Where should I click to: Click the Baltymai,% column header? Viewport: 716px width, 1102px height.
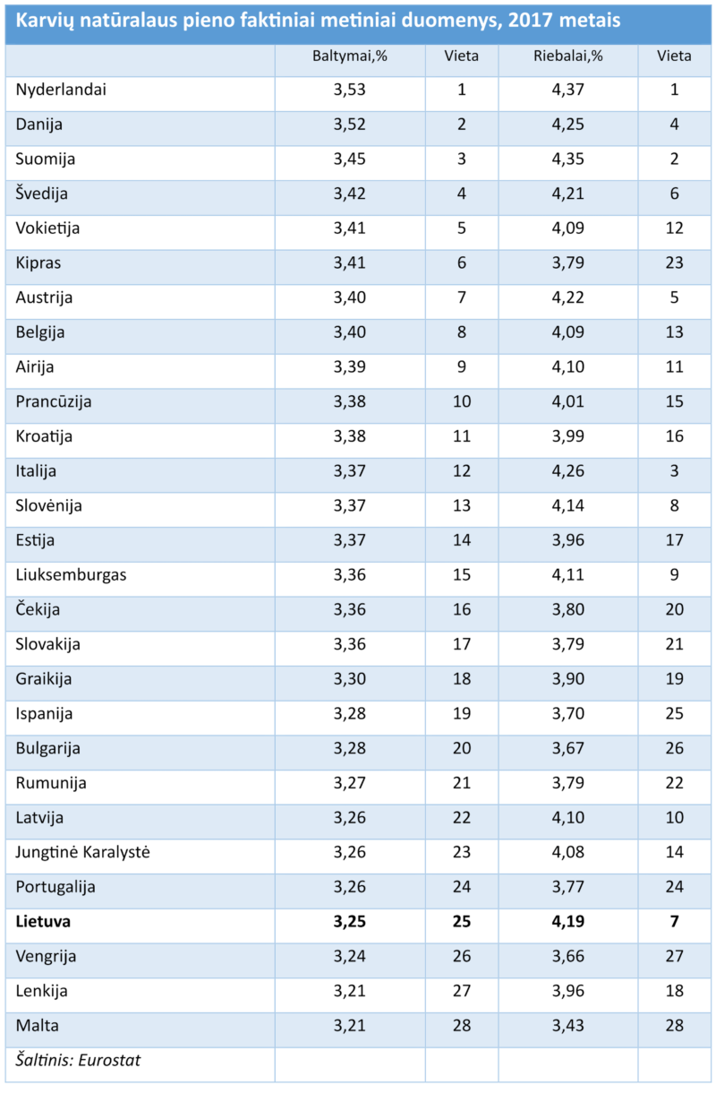coord(349,56)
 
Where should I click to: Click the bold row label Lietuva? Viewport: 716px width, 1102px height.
coord(43,921)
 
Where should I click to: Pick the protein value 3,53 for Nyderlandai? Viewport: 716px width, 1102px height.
coord(350,90)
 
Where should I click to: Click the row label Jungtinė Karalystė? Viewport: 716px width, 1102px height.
coord(82,852)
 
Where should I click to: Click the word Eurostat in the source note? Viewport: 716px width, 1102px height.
coord(111,1061)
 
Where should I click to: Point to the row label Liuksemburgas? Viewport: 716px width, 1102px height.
coord(71,574)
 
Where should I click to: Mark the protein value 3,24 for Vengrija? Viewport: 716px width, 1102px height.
coord(350,956)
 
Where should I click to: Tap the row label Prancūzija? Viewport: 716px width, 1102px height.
coord(54,401)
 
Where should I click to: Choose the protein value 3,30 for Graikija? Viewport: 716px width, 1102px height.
coord(350,678)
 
